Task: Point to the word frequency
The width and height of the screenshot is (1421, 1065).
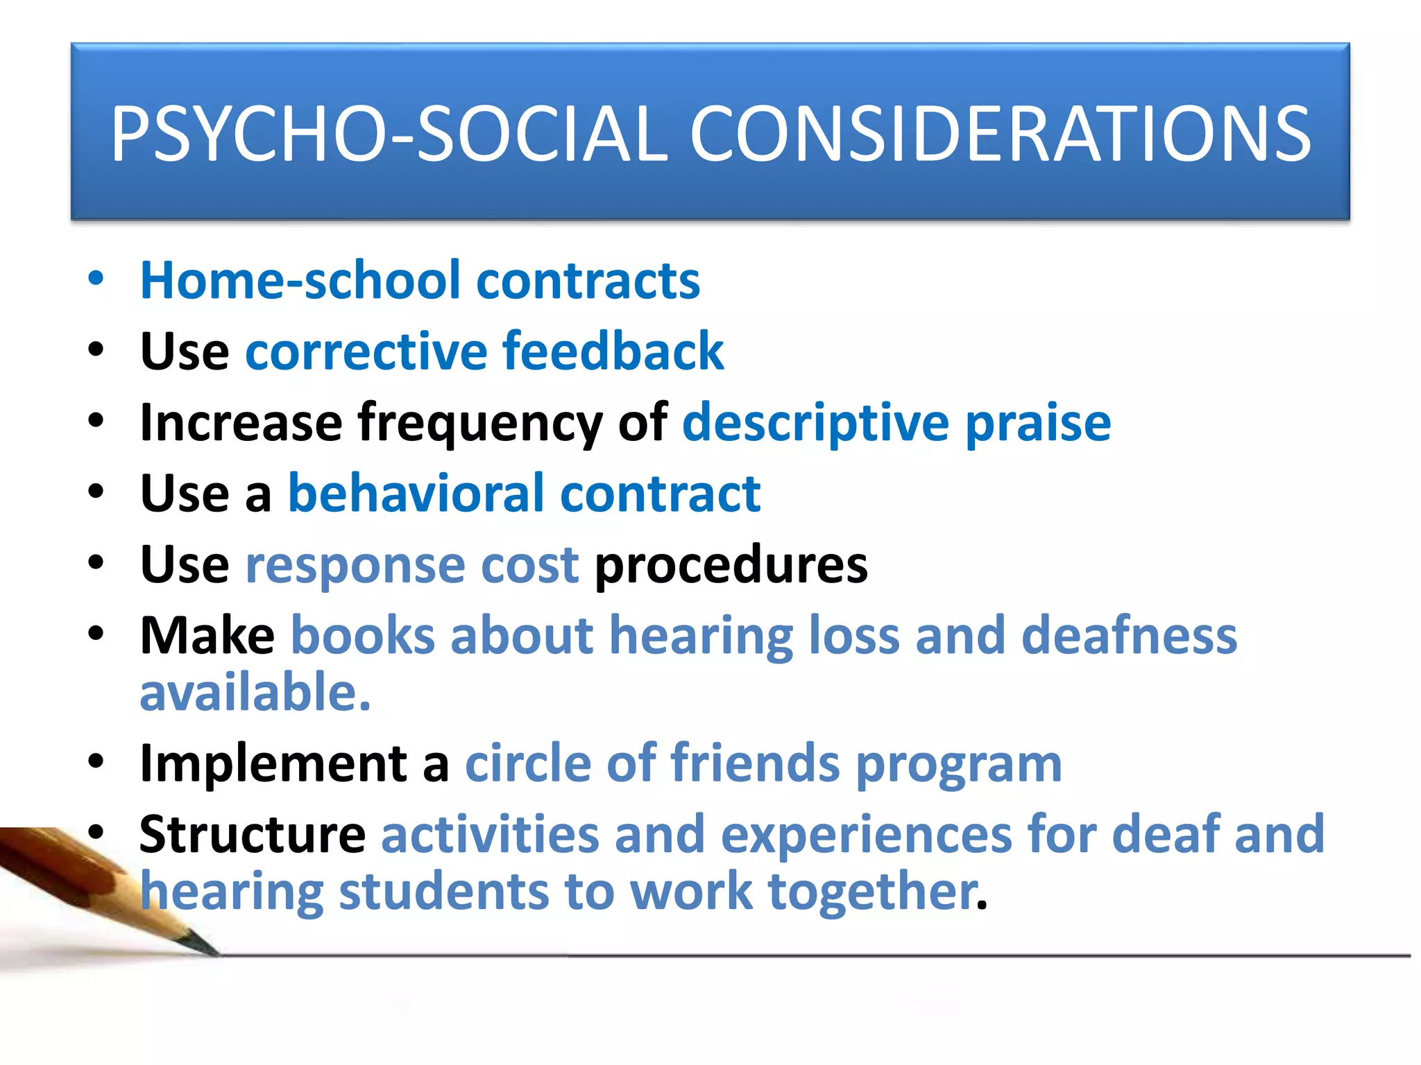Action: pyautogui.click(x=479, y=424)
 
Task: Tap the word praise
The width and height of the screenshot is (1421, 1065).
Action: pyautogui.click(x=1038, y=424)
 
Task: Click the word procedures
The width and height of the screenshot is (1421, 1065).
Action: pyautogui.click(x=731, y=564)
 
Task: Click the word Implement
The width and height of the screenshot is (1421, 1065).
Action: pyautogui.click(x=273, y=763)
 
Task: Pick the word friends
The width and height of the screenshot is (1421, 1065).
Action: pyautogui.click(x=755, y=763)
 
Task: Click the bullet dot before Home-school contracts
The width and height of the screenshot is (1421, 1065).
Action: pyautogui.click(x=96, y=279)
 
